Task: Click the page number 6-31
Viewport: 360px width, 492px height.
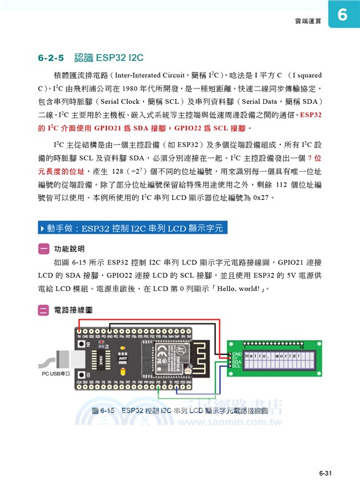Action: [325, 473]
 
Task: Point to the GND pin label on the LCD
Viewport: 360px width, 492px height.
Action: [237, 354]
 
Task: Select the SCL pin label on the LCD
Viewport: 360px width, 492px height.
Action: [237, 367]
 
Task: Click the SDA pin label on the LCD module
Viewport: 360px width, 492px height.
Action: [237, 362]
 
